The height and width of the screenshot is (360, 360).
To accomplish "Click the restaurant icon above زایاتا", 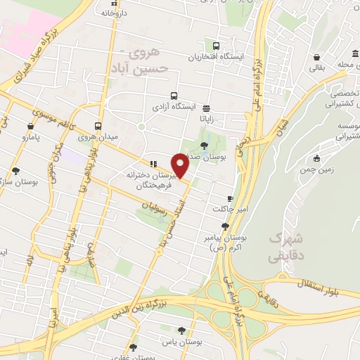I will click(x=206, y=109).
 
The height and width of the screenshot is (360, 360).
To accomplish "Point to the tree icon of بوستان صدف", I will click(x=203, y=145).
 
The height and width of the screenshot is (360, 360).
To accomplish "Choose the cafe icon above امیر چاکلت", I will click(x=230, y=199).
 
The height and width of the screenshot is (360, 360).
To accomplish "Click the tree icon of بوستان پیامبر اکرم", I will click(x=225, y=226).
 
